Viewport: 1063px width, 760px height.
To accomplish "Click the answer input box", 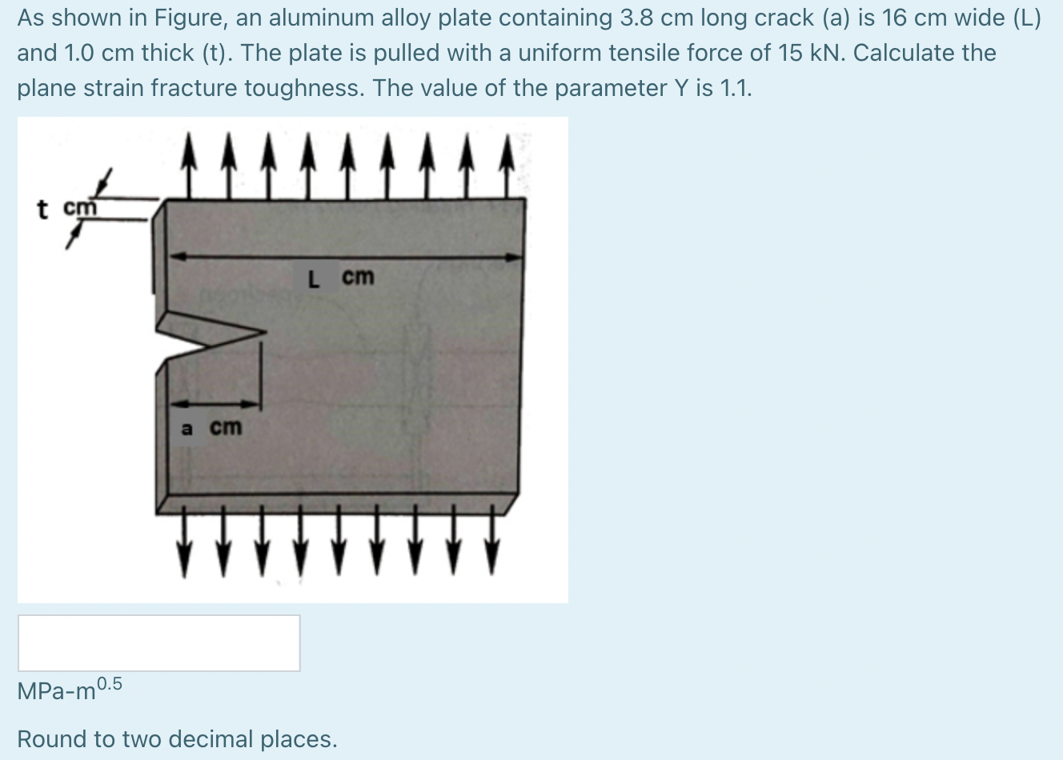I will (158, 642).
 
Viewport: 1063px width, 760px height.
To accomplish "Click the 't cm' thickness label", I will (67, 208).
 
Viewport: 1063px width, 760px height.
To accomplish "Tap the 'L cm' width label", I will (341, 278).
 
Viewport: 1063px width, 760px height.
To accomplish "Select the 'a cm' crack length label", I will (211, 428).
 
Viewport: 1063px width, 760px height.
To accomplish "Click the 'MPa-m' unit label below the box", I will (56, 691).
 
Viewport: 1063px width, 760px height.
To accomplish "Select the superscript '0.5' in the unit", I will (110, 684).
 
